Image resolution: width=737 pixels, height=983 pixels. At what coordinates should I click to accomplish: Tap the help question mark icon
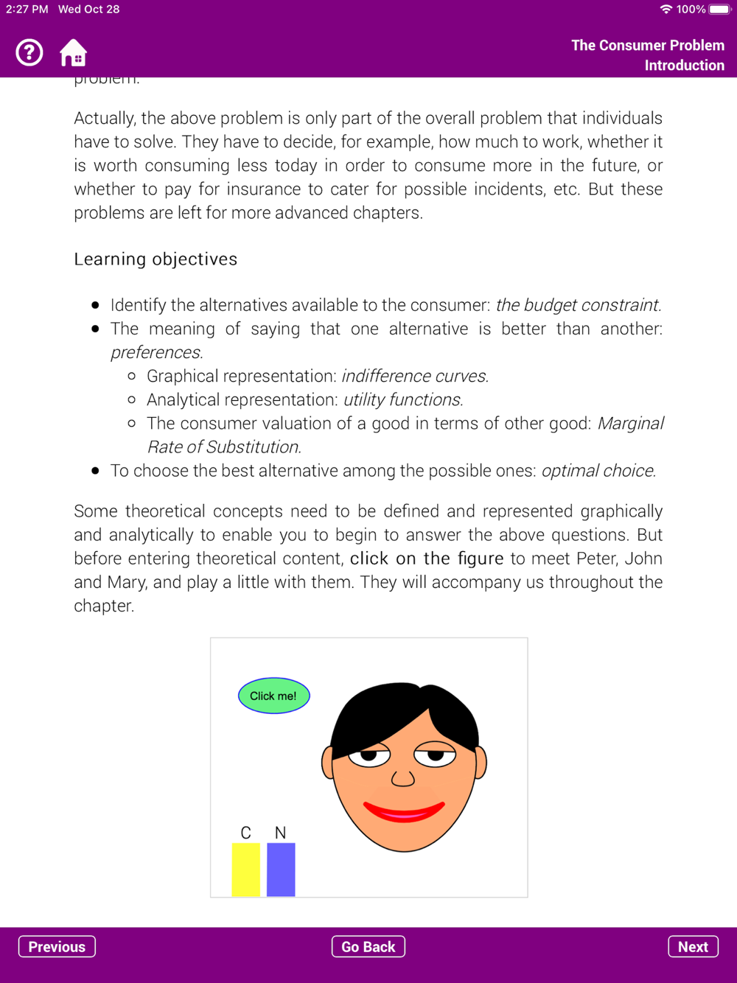(x=29, y=53)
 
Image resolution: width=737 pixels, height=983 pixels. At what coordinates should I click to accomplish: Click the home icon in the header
(x=73, y=53)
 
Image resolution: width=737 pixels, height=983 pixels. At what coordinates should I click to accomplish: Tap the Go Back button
(x=368, y=947)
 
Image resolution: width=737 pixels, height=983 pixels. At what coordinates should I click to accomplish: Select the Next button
(x=693, y=947)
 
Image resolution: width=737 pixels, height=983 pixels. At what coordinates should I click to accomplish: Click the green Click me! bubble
(x=273, y=696)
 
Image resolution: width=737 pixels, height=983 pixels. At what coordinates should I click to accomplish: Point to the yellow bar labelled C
(x=246, y=870)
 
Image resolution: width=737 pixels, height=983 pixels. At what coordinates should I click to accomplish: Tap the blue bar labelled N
(x=281, y=870)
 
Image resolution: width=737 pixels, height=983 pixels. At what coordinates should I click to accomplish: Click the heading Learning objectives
(x=156, y=259)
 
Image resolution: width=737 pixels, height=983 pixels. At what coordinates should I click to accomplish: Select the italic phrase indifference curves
(x=414, y=376)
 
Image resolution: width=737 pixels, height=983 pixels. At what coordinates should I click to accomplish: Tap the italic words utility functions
(x=403, y=399)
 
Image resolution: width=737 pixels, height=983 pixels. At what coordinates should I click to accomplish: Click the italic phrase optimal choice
(x=598, y=471)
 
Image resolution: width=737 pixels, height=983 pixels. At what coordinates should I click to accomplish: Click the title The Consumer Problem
(x=648, y=46)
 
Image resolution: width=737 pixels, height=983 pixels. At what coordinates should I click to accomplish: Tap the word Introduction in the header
(x=684, y=66)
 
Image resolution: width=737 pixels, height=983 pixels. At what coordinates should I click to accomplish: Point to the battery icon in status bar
(x=719, y=10)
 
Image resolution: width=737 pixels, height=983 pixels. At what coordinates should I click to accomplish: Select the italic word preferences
(x=156, y=352)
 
